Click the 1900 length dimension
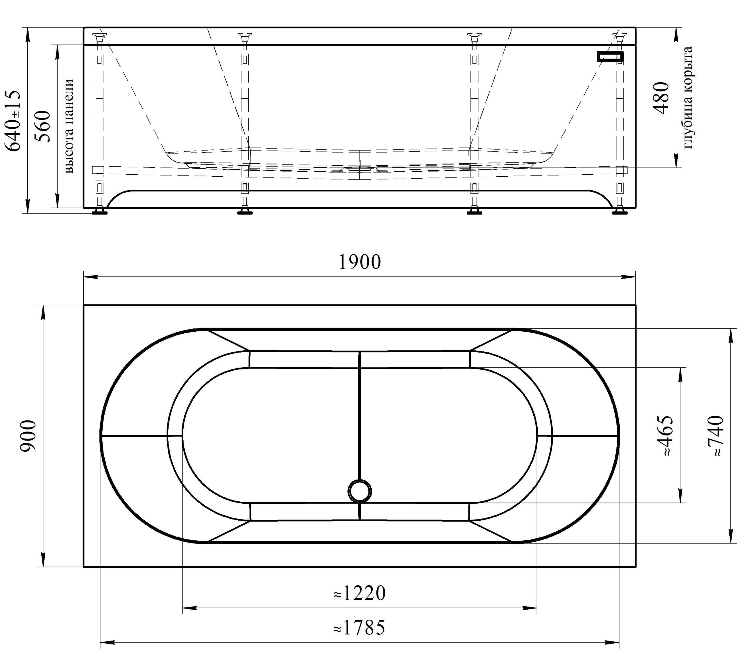click(359, 262)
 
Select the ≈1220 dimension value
click(359, 593)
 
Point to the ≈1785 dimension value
click(359, 627)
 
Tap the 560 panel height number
click(42, 126)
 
